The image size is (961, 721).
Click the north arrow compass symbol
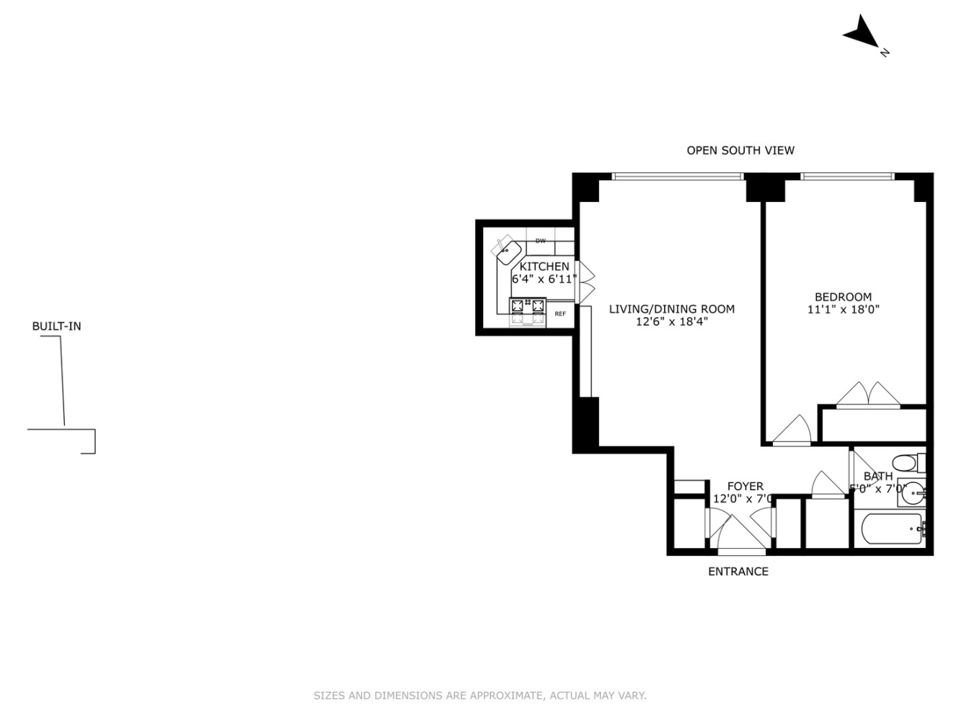pyautogui.click(x=862, y=33)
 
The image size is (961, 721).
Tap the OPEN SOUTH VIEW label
pyautogui.click(x=740, y=151)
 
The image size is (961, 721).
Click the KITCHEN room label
pyautogui.click(x=544, y=267)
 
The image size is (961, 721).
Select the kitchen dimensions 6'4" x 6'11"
pyautogui.click(x=544, y=279)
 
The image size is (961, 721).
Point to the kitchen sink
pyautogui.click(x=508, y=252)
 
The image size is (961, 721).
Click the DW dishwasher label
pyautogui.click(x=541, y=241)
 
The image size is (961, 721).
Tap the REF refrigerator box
pyautogui.click(x=560, y=314)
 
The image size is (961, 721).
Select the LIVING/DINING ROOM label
pyautogui.click(x=671, y=309)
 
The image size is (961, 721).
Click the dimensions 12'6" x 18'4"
pyautogui.click(x=671, y=322)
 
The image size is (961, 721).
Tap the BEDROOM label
pyautogui.click(x=843, y=297)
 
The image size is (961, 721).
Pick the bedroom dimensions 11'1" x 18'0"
pyautogui.click(x=843, y=310)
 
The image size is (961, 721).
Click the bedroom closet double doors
pyautogui.click(x=868, y=396)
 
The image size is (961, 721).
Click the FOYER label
pyautogui.click(x=745, y=487)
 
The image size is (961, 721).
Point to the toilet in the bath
pyautogui.click(x=905, y=462)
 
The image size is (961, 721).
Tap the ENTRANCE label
pyautogui.click(x=738, y=572)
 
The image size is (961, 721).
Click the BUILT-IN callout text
pyautogui.click(x=56, y=327)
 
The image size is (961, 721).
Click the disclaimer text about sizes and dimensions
pyautogui.click(x=479, y=696)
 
